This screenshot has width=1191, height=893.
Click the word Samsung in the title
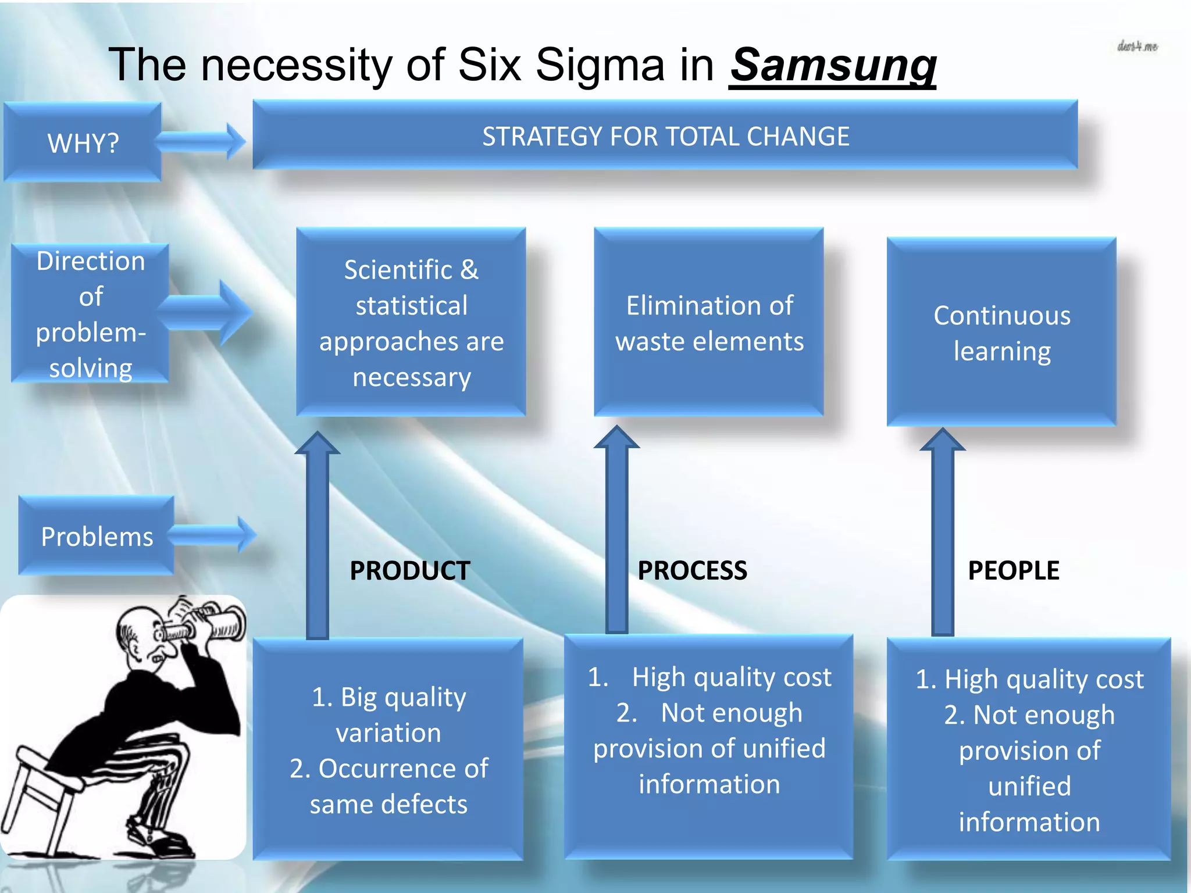833,65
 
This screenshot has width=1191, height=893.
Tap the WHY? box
83,142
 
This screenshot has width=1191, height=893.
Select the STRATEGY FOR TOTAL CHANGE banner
665,136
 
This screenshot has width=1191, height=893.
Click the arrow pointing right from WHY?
201,141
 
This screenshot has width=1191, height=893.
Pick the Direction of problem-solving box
90,314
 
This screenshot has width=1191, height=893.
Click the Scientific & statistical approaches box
411,323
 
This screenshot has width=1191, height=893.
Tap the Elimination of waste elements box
709,323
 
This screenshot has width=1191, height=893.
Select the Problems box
97,536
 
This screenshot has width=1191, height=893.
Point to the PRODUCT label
409,570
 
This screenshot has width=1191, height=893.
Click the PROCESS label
692,570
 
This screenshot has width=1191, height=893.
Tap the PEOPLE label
1013,570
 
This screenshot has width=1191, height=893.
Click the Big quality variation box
388,750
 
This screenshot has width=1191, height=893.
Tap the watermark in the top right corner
1137,47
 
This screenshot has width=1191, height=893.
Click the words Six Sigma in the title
561,65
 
